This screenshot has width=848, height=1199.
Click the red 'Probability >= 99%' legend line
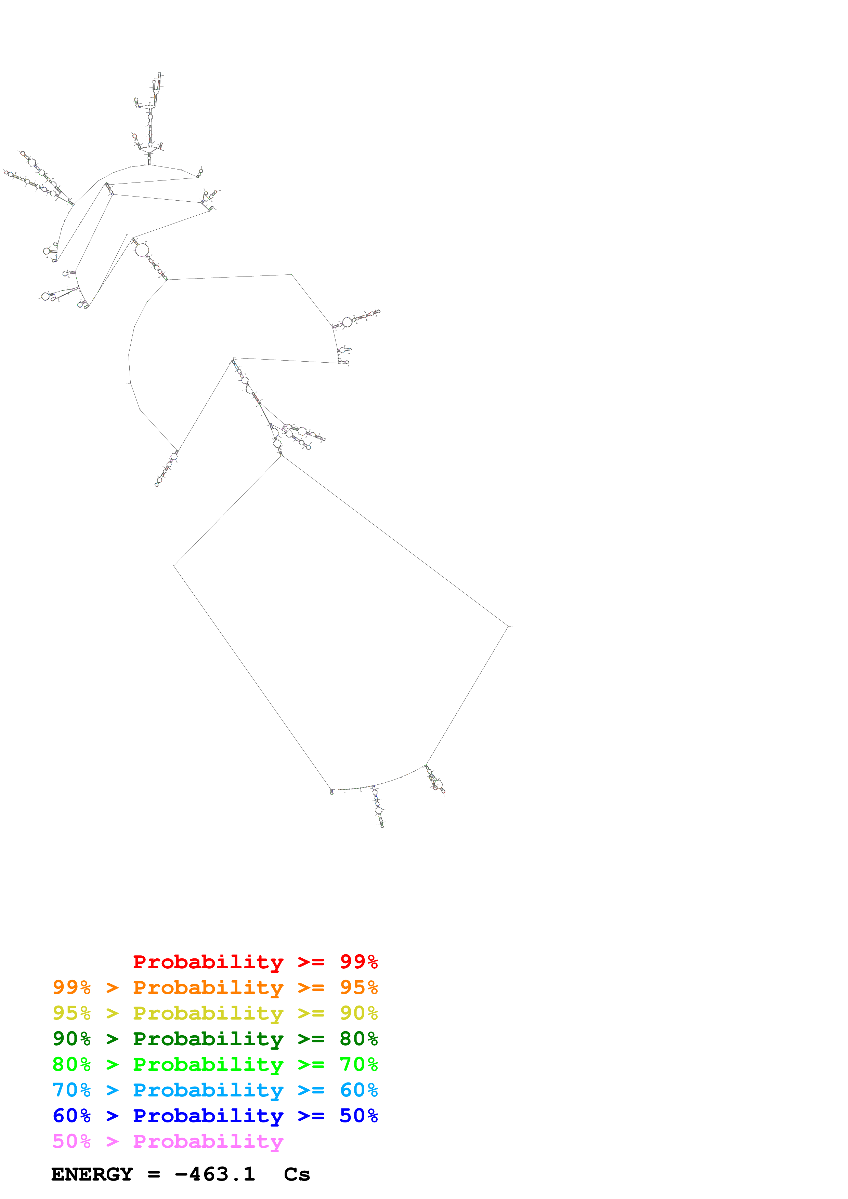pyautogui.click(x=255, y=962)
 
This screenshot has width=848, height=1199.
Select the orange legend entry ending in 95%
pyautogui.click(x=215, y=987)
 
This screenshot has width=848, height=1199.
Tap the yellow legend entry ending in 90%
pyautogui.click(x=215, y=1013)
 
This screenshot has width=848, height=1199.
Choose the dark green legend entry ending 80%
pyautogui.click(x=215, y=1039)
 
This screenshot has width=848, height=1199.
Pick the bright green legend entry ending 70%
pyautogui.click(x=215, y=1064)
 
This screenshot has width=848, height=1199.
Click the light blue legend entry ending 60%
pyautogui.click(x=215, y=1090)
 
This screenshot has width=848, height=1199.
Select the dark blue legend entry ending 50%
pyautogui.click(x=215, y=1116)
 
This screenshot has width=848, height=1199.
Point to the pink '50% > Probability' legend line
pyautogui.click(x=167, y=1141)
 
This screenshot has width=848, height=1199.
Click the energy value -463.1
pyautogui.click(x=215, y=1174)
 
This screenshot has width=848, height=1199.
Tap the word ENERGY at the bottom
pyautogui.click(x=92, y=1174)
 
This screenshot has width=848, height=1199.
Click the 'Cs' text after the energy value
pyautogui.click(x=297, y=1174)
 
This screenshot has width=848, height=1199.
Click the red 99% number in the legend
pyautogui.click(x=358, y=962)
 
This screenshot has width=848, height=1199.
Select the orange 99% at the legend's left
pyautogui.click(x=71, y=987)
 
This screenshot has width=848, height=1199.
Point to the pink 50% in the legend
pyautogui.click(x=71, y=1141)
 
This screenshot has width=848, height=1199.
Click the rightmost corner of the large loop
pyautogui.click(x=508, y=625)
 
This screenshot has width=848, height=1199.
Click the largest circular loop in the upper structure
pyautogui.click(x=142, y=250)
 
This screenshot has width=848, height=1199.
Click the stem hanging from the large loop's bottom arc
pyautogui.click(x=378, y=808)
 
